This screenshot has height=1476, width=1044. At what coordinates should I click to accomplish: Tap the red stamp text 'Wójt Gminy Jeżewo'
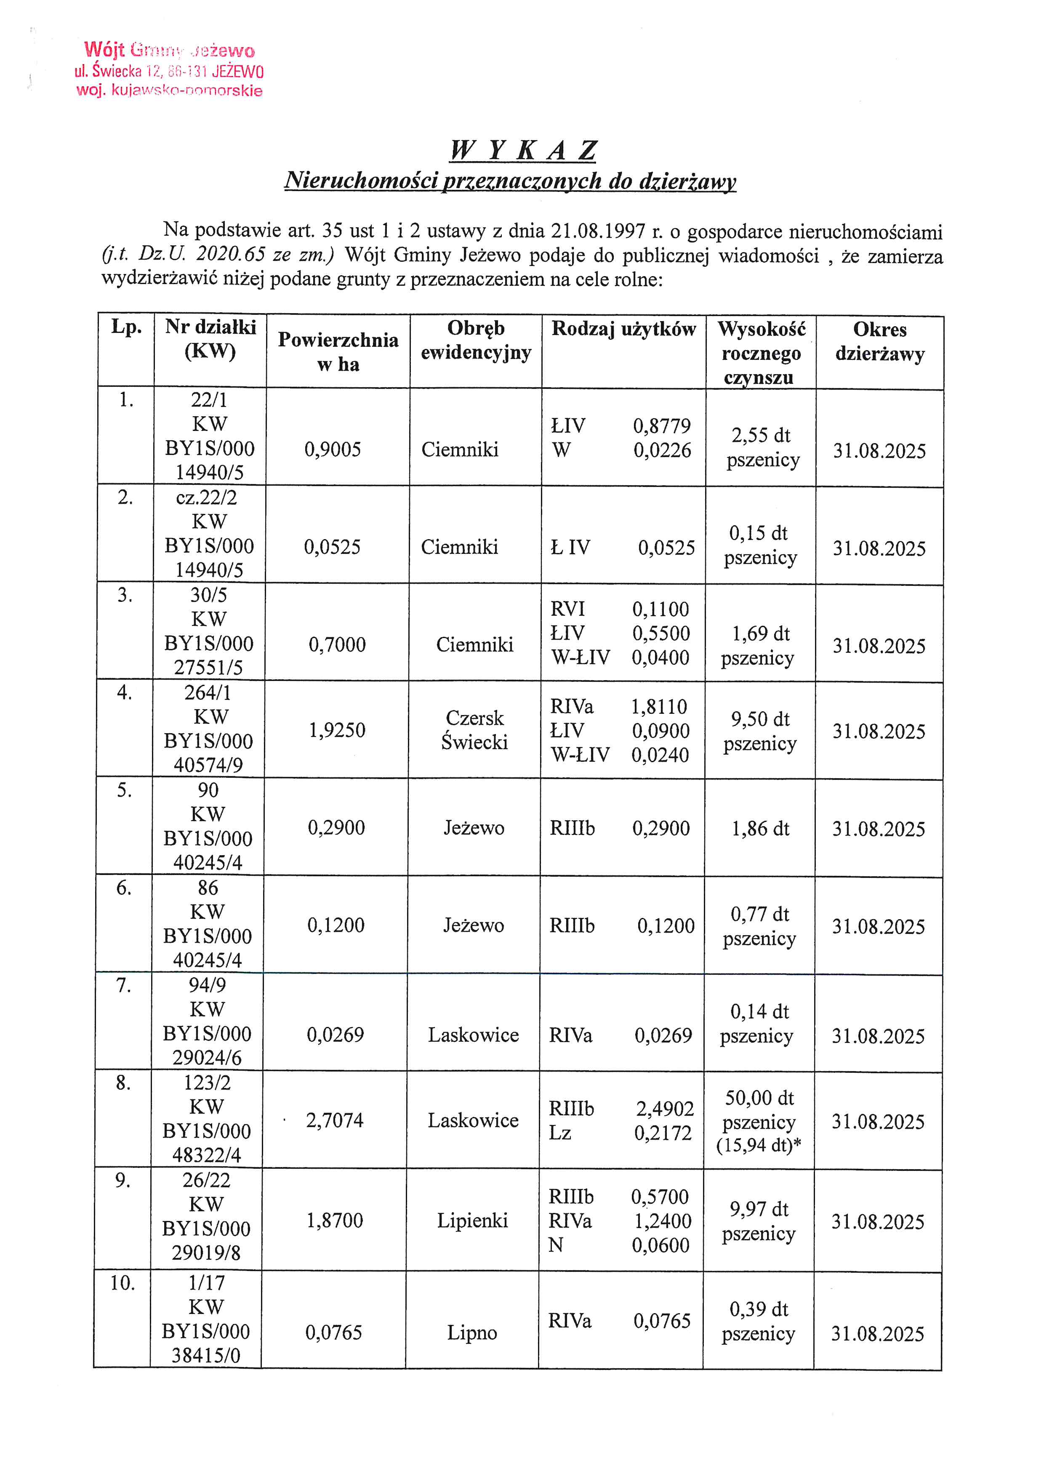(x=169, y=50)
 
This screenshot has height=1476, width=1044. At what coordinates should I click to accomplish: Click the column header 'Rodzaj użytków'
(x=623, y=329)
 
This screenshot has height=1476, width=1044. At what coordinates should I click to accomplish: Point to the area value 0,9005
(x=333, y=449)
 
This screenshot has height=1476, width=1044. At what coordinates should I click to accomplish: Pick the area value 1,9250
(x=337, y=730)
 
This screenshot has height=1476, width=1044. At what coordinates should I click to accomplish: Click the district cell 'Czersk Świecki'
(x=474, y=730)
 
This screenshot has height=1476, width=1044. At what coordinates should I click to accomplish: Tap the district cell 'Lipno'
(x=472, y=1333)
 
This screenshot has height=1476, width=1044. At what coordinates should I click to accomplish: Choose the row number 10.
(x=122, y=1283)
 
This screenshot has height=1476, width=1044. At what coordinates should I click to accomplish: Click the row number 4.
(x=124, y=693)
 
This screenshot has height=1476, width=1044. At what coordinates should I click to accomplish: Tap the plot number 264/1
(x=208, y=693)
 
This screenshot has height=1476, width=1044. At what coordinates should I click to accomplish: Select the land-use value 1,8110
(x=659, y=707)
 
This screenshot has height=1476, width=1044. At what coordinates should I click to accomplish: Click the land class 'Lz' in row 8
(x=560, y=1133)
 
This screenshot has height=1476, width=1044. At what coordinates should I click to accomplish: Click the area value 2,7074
(x=334, y=1120)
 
